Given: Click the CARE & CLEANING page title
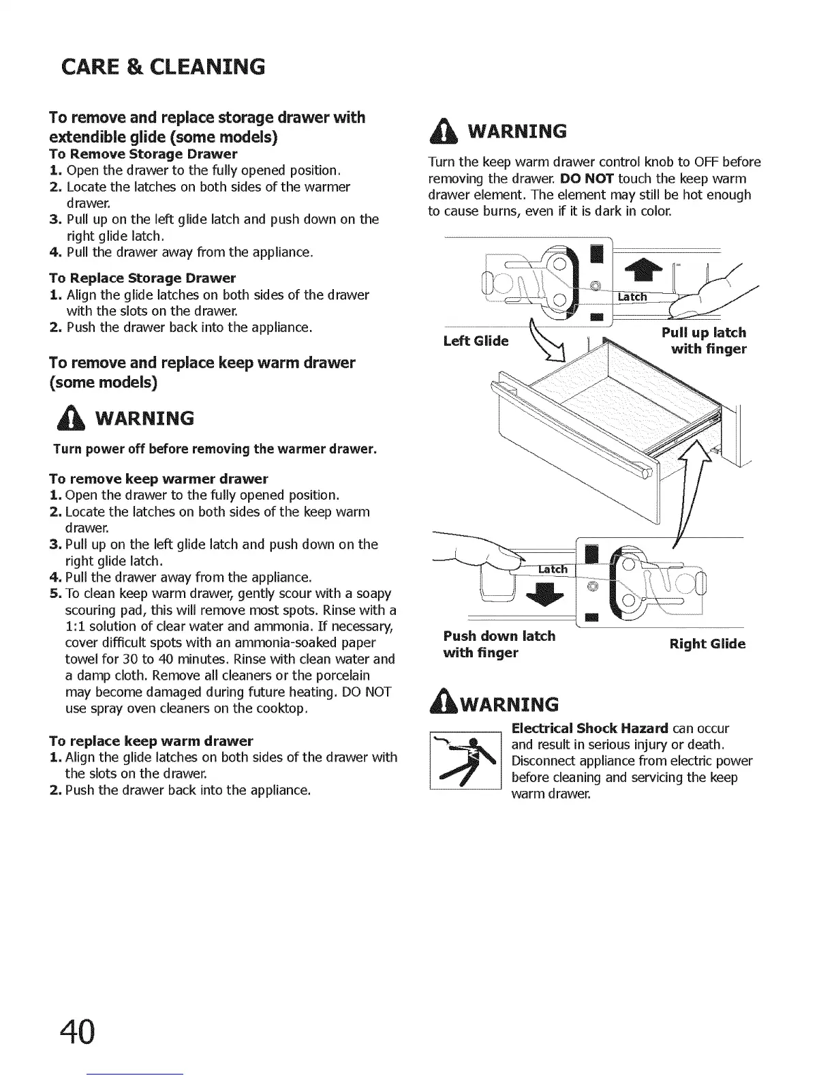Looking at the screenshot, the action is point(162,67).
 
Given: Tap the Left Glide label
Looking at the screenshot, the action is point(476,341).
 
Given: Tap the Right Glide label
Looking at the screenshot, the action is point(707,644).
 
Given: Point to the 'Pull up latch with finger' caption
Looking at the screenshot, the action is point(704,341).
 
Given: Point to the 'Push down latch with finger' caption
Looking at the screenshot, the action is point(499,644).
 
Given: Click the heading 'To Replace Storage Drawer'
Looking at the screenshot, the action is point(142,278).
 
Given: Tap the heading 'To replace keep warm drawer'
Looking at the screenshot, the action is point(151,740).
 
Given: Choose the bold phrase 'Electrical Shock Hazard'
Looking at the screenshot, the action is point(590,728).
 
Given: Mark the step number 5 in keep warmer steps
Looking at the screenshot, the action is point(55,594).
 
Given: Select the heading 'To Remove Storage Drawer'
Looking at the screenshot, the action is point(143,154).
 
